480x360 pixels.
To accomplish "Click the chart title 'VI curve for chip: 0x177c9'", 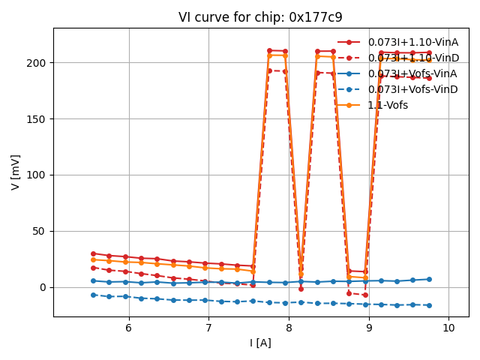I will tap(260, 17).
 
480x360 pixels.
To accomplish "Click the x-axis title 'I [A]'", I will tap(260, 343).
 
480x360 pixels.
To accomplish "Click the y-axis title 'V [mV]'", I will tap(16, 172).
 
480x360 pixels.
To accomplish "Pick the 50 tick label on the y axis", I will tap(41, 231).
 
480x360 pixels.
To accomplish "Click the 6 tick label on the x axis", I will tap(128, 328).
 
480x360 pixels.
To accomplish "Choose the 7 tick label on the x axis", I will tap(208, 328).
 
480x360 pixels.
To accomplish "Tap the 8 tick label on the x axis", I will tap(289, 328).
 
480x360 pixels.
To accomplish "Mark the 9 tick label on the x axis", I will tap(368, 328).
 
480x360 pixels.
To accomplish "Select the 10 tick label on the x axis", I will tap(448, 328).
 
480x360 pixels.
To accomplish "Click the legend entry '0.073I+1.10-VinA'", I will tap(412, 42).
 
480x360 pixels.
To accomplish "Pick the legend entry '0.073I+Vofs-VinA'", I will tap(412, 73).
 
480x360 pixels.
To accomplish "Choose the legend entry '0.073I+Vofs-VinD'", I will tap(412, 89).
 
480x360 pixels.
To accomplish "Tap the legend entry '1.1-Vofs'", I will tap(388, 105).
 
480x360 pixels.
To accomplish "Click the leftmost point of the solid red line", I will tap(93, 253).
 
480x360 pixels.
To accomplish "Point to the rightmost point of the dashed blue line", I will tap(429, 305).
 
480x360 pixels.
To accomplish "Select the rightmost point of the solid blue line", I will tap(429, 279).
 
